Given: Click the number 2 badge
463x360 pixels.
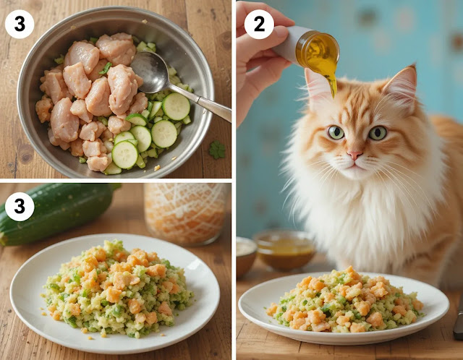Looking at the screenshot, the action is [259, 25].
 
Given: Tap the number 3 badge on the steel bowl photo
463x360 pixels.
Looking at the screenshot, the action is [20, 24].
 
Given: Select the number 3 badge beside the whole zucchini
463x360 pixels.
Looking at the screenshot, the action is [20, 207].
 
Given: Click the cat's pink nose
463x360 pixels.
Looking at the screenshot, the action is [354, 155].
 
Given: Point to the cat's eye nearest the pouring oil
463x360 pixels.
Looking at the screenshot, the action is [336, 132].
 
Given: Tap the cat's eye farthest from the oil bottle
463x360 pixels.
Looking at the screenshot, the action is [378, 133].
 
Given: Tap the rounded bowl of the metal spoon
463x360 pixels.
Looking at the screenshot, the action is [150, 72].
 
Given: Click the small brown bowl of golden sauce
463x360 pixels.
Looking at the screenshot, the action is [285, 251].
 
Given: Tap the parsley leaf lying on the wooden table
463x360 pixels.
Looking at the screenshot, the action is [217, 150].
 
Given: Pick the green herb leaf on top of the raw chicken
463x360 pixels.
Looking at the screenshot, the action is [105, 69].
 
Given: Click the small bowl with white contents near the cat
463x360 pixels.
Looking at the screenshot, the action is [246, 256].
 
